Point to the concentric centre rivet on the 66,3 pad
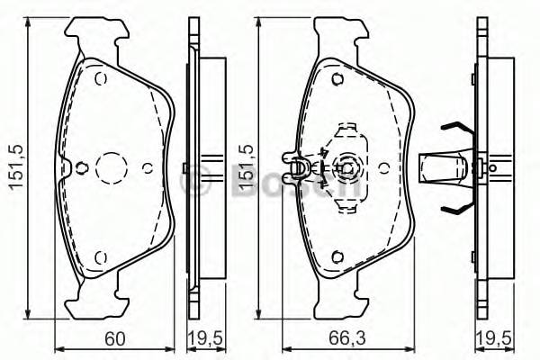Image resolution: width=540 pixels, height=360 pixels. [346, 166]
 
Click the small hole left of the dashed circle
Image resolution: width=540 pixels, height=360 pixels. [82, 166]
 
